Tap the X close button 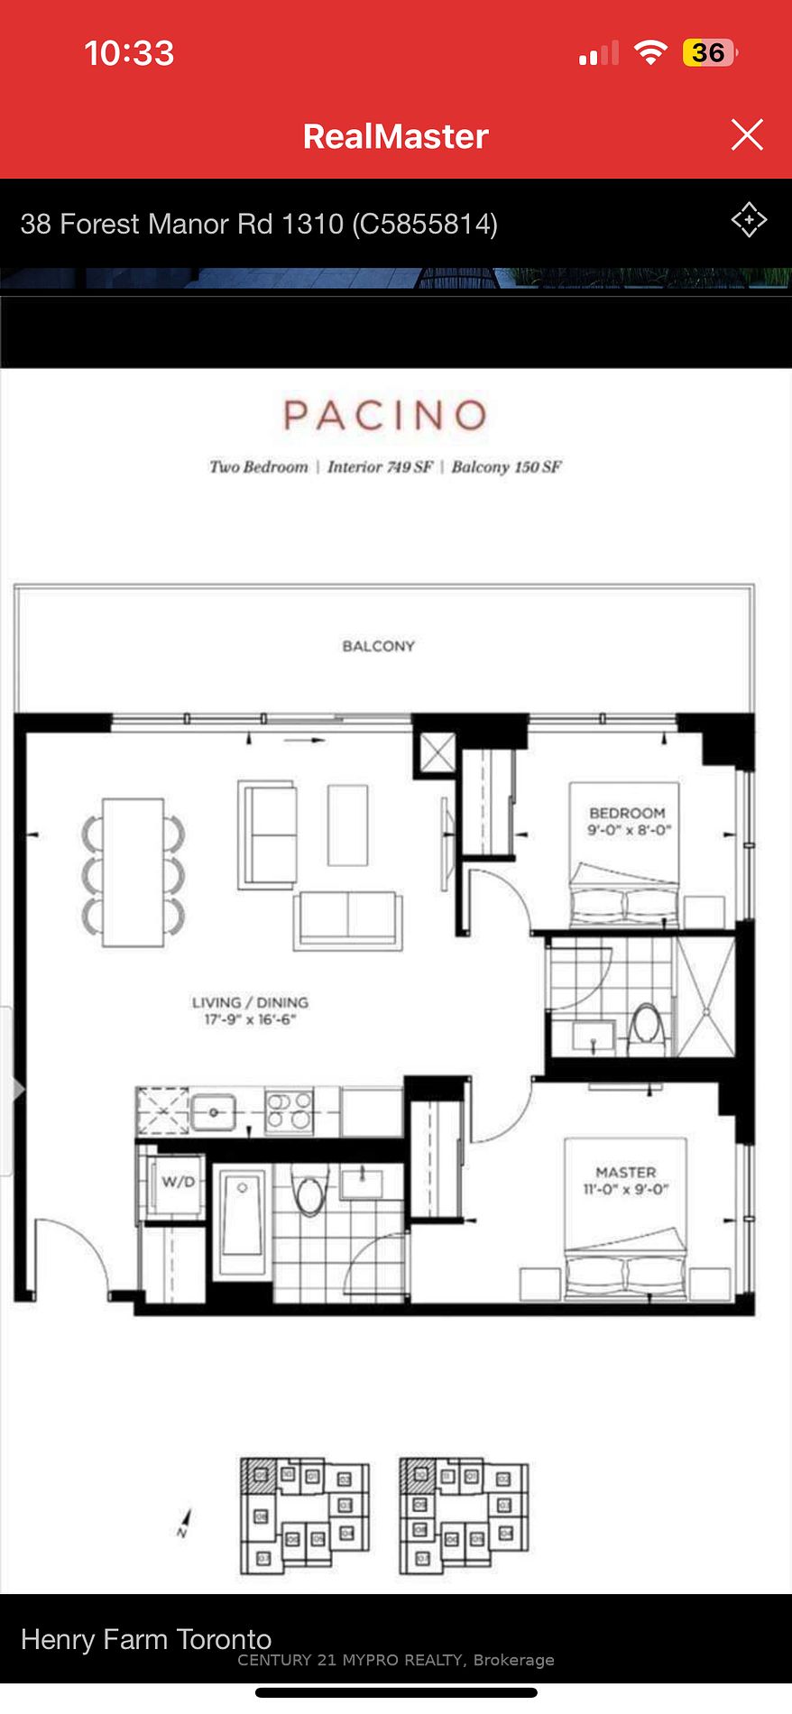747,135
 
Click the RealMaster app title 395,136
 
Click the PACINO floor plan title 385,416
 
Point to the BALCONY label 379,646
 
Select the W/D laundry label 178,1182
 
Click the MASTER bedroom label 626,1172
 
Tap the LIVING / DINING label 250,1002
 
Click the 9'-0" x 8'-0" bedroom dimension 629,830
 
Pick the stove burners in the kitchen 289,1110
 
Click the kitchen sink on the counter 214,1111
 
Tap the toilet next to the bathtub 309,1190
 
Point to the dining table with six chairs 134,872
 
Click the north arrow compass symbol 185,1524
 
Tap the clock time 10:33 129,53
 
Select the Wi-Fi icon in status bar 649,53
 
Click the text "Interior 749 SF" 380,467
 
